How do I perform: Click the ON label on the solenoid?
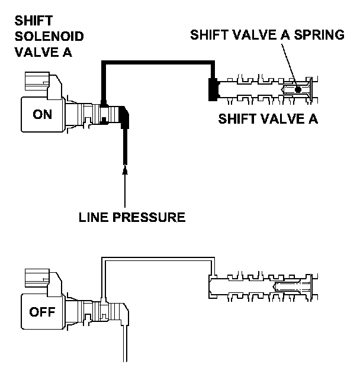pos(42,114)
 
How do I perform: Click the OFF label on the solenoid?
pos(42,312)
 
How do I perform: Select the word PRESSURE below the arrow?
pos(149,217)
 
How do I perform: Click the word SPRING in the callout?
pos(319,35)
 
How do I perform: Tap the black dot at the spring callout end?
pos(298,89)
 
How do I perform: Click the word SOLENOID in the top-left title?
pos(49,36)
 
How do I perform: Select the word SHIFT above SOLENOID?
pos(34,21)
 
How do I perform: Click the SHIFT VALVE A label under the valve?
pos(268,118)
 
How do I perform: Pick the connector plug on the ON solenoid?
pos(37,82)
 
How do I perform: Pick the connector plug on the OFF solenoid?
pos(37,278)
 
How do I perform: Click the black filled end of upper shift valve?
pos(214,89)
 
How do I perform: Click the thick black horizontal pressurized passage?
pos(158,63)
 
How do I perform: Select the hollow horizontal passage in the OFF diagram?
pos(158,259)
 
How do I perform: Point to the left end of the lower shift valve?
pos(210,286)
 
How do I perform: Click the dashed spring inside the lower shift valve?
pos(292,286)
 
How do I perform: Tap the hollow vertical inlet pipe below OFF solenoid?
pos(125,344)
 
